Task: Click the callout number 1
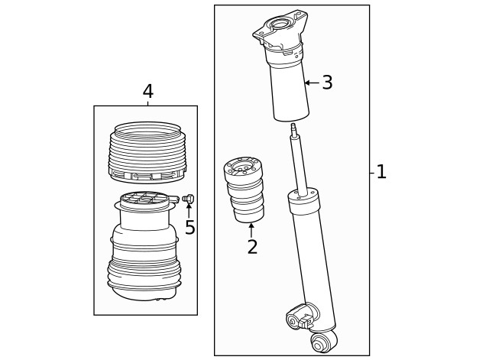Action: pyautogui.click(x=381, y=172)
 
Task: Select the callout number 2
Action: pyautogui.click(x=251, y=247)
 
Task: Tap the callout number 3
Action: pyautogui.click(x=327, y=83)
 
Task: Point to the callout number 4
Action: pyautogui.click(x=147, y=92)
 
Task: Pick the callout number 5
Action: pyautogui.click(x=189, y=228)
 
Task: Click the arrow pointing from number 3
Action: pyautogui.click(x=311, y=83)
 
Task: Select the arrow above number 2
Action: pyautogui.click(x=251, y=229)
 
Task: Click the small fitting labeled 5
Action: pyautogui.click(x=189, y=199)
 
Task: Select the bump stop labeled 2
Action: pyautogui.click(x=244, y=191)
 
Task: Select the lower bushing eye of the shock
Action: pyautogui.click(x=322, y=343)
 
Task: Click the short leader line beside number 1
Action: pyautogui.click(x=372, y=173)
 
